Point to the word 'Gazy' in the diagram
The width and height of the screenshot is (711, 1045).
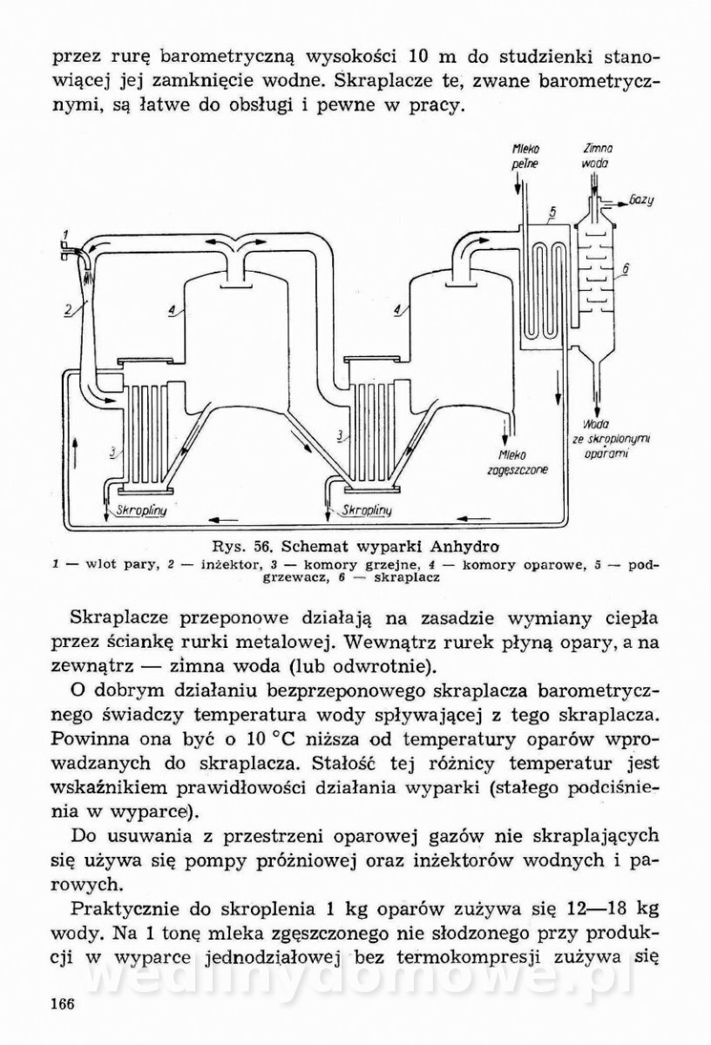click(640, 201)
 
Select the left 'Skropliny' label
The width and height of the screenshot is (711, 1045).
click(140, 513)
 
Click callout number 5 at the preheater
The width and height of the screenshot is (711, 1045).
click(552, 212)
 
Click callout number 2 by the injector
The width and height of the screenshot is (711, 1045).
click(67, 307)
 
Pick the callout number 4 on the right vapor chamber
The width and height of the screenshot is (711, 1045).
click(397, 308)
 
